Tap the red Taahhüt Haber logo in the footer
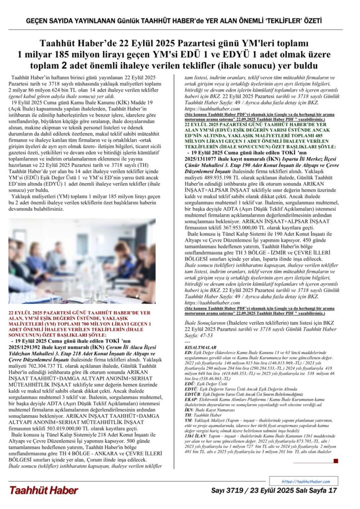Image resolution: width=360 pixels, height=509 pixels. point(43,490)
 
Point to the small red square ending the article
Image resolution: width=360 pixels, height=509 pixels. point(336,461)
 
